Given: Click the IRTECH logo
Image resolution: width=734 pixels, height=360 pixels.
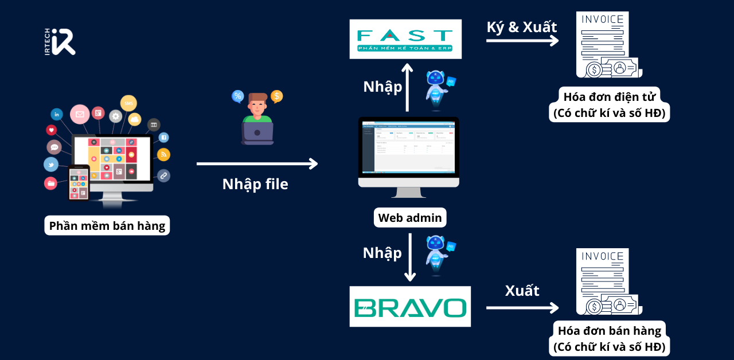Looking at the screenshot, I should click(x=60, y=42).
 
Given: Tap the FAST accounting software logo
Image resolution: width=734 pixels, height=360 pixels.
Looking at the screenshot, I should click(x=405, y=39).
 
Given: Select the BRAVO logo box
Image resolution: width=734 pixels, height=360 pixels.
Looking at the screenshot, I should click(x=410, y=307).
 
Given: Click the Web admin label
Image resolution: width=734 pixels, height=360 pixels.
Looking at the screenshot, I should click(x=410, y=218).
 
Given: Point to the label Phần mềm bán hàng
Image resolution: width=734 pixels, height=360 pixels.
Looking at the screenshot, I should click(x=107, y=226).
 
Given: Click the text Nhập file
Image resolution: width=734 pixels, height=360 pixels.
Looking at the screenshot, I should click(x=255, y=184).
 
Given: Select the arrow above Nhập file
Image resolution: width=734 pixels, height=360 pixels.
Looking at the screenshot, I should click(x=257, y=164).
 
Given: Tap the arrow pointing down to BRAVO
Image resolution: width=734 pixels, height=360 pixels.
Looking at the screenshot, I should click(x=410, y=257).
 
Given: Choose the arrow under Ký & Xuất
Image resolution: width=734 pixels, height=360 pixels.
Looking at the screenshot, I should click(x=522, y=41).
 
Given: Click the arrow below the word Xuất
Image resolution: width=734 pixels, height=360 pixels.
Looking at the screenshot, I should click(x=522, y=308).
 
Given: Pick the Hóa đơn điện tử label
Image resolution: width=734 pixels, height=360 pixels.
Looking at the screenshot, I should click(x=609, y=104).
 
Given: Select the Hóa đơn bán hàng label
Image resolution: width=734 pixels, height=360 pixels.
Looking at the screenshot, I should click(x=609, y=338).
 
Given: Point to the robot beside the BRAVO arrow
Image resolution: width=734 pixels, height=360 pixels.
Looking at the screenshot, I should click(x=439, y=256).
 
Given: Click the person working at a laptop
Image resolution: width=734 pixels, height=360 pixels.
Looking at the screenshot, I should click(x=257, y=119).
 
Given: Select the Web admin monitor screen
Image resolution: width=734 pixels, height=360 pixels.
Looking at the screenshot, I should click(x=409, y=147).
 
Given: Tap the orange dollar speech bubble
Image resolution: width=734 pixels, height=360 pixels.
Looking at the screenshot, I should click(x=277, y=96).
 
